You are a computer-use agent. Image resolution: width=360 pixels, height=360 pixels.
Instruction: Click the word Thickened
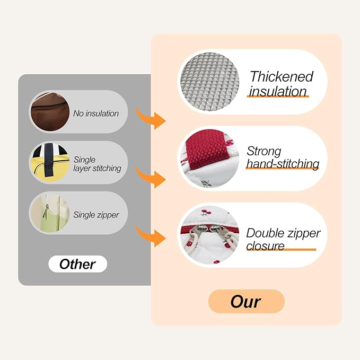click(x=282, y=76)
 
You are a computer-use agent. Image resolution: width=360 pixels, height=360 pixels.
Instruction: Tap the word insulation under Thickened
click(x=278, y=91)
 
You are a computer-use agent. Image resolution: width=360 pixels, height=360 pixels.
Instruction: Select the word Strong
click(x=264, y=151)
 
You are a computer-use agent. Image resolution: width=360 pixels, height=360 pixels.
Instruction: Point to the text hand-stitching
click(x=283, y=164)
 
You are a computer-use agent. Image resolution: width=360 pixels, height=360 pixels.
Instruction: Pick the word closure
click(x=265, y=246)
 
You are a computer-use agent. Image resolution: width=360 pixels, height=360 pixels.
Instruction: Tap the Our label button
click(x=246, y=301)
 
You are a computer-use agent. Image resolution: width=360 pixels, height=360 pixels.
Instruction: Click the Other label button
click(x=77, y=264)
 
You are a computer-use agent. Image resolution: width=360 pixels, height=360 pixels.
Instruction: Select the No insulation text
click(x=96, y=113)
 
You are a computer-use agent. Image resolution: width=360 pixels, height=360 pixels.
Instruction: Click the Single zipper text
click(x=96, y=215)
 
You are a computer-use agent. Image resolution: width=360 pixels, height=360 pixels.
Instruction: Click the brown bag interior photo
click(x=50, y=112)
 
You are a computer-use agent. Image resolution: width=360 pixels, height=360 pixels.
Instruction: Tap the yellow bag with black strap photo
click(x=50, y=163)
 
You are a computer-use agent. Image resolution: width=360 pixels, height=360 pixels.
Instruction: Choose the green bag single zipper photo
click(x=50, y=213)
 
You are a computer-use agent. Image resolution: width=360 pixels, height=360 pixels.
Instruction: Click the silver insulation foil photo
click(x=209, y=82)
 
